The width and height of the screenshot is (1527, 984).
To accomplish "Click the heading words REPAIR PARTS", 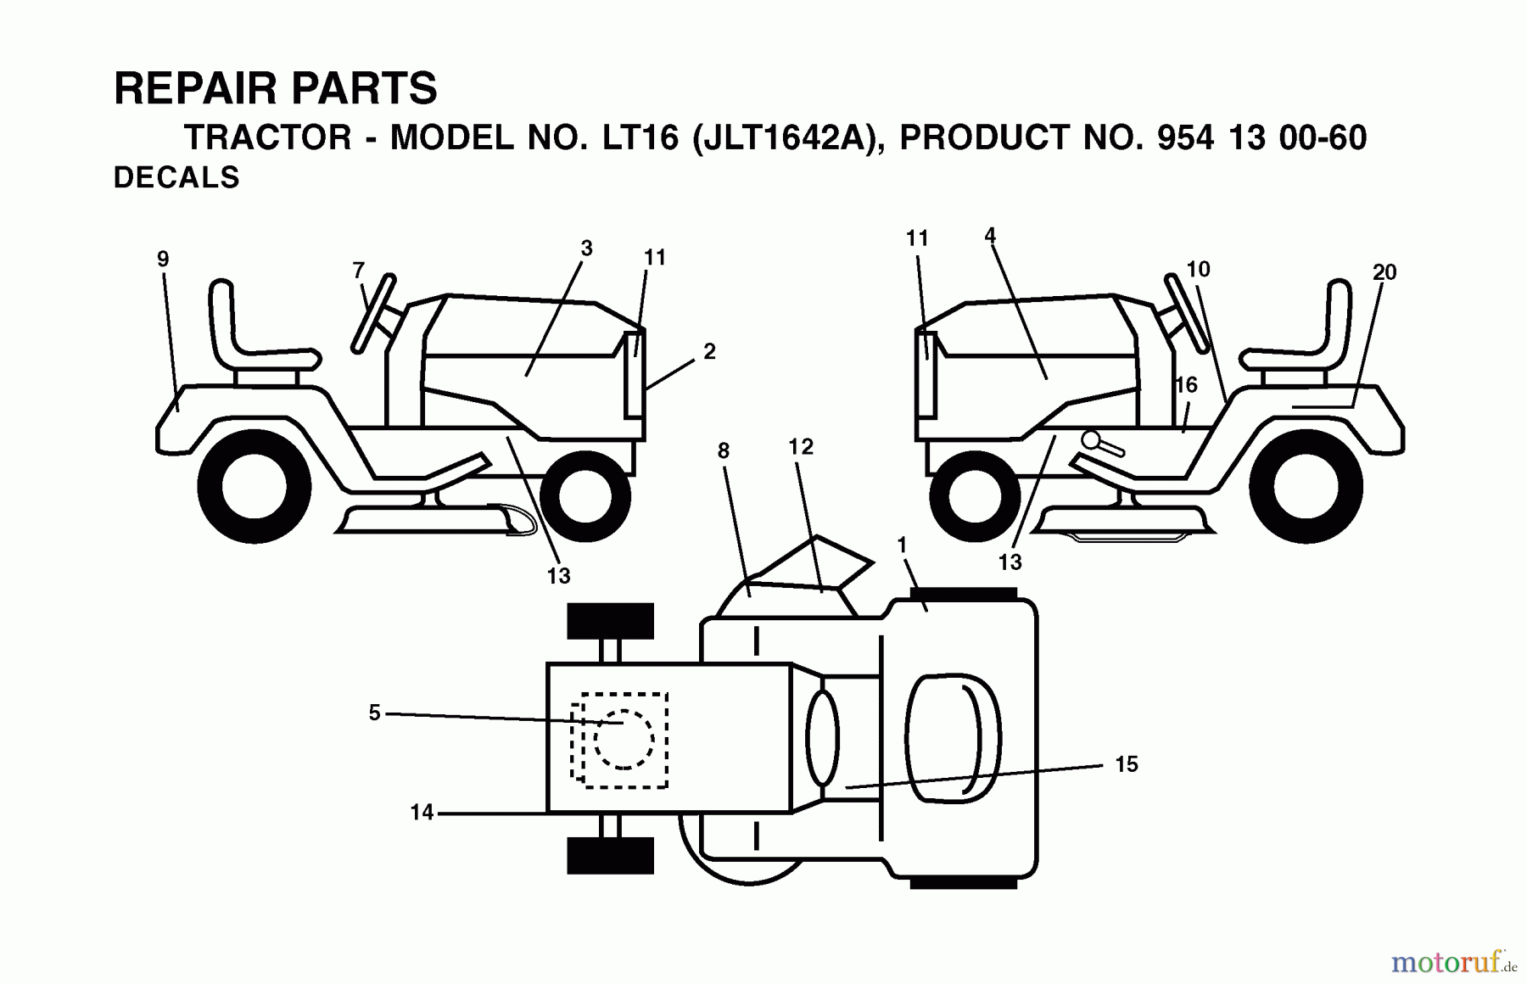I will coord(276,89).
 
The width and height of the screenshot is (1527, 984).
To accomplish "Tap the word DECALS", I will coord(176,178).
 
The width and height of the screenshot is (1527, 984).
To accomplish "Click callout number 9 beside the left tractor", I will coord(163,260).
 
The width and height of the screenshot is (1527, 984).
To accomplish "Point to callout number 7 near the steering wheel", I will coord(359,271).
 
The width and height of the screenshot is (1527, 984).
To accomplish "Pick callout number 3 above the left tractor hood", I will coord(586,249).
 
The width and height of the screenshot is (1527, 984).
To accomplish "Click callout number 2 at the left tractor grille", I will coord(709,351).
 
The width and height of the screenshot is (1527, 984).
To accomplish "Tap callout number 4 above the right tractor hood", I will coord(990,236).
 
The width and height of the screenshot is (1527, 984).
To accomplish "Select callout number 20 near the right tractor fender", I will coord(1384,272).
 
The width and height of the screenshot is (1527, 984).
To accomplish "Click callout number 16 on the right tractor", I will coord(1186,385).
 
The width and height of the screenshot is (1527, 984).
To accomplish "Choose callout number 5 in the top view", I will coord(374,713).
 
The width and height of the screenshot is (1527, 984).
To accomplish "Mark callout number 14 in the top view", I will coord(422,813).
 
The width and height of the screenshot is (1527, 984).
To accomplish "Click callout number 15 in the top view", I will coord(1126,764).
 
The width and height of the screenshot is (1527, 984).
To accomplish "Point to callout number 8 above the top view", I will coord(724,451).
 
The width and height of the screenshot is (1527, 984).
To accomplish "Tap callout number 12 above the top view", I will coord(801,447).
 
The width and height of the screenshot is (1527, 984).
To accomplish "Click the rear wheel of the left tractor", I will coord(255,487).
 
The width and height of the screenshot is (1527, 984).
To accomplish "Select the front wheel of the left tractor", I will coord(585,497).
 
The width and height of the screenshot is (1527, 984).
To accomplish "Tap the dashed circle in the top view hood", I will coord(624,740).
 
